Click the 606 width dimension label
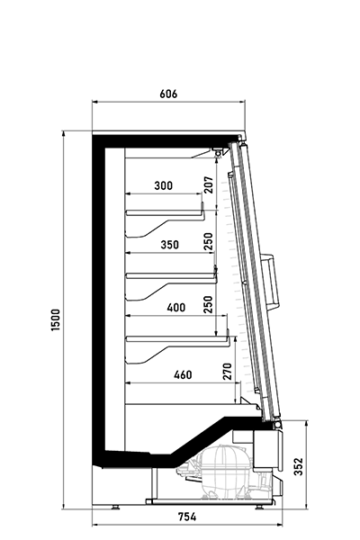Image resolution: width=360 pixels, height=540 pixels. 168,94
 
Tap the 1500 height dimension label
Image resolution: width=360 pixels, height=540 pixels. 56,319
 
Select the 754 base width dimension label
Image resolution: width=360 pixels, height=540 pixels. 187,517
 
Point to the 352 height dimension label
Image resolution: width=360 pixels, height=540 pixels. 299,466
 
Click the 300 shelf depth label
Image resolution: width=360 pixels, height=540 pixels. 163,185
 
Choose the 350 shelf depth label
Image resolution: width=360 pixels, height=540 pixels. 169,245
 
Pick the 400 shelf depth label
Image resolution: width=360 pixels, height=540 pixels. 176,307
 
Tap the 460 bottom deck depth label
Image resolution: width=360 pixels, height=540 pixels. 183,374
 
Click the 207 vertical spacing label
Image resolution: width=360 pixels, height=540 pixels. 209,184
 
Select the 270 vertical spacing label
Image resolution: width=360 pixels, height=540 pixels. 228,371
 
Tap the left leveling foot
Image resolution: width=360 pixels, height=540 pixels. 114,507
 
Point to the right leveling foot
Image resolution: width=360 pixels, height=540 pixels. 260,507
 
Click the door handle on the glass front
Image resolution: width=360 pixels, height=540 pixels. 271,281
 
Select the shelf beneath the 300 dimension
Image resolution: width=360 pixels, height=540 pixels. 165,213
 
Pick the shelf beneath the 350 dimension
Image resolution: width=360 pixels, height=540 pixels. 172,276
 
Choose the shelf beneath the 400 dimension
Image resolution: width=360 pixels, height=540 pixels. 178,339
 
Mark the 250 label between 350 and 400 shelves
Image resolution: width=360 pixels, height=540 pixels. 208,304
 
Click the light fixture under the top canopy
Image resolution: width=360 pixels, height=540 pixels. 218,151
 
